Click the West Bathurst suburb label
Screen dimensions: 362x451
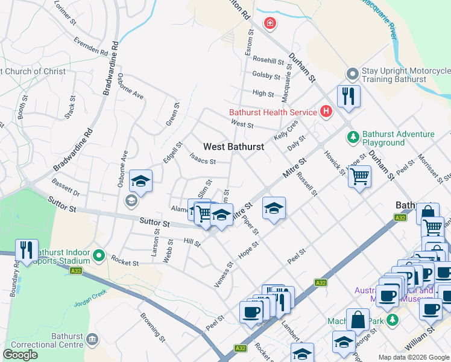click(x=233, y=147)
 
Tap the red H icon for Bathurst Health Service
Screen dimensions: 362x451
click(x=326, y=112)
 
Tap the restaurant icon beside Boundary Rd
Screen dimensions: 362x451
click(x=27, y=250)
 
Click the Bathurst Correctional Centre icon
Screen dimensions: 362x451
click(x=92, y=340)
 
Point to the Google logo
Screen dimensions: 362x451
click(x=20, y=355)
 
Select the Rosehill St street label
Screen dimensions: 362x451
click(x=268, y=60)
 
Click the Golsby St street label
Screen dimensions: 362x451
click(x=266, y=76)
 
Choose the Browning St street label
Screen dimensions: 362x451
click(x=153, y=325)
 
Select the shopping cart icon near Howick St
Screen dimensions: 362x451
click(x=360, y=177)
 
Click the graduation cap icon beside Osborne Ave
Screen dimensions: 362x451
click(x=140, y=181)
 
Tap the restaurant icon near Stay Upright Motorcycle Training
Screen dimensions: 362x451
click(x=348, y=96)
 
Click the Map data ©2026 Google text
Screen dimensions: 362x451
click(x=413, y=357)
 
